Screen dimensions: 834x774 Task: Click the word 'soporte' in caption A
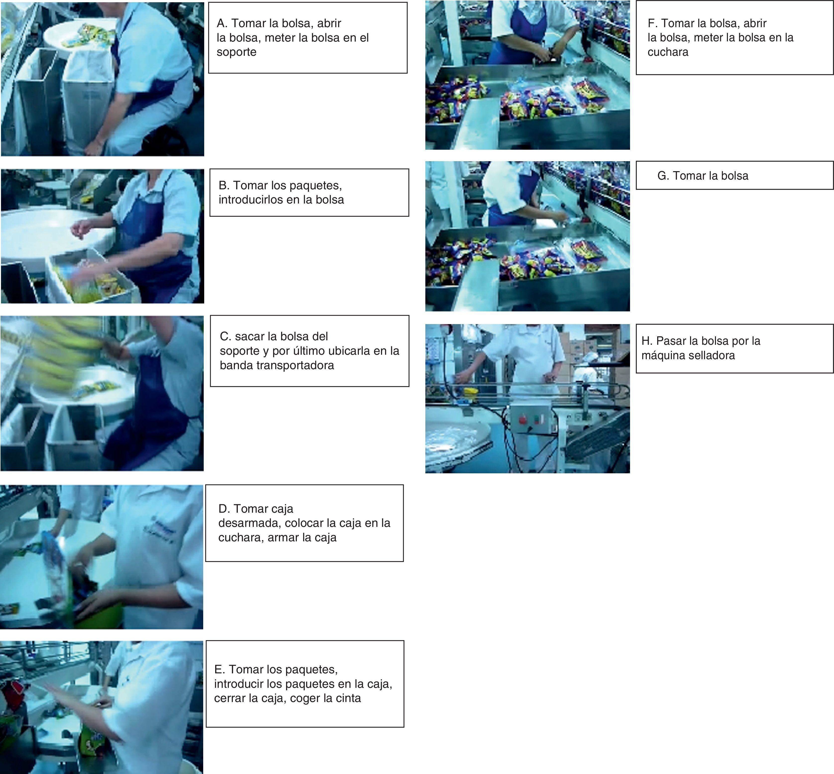click(x=237, y=52)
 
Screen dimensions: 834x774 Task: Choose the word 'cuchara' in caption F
click(x=668, y=52)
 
